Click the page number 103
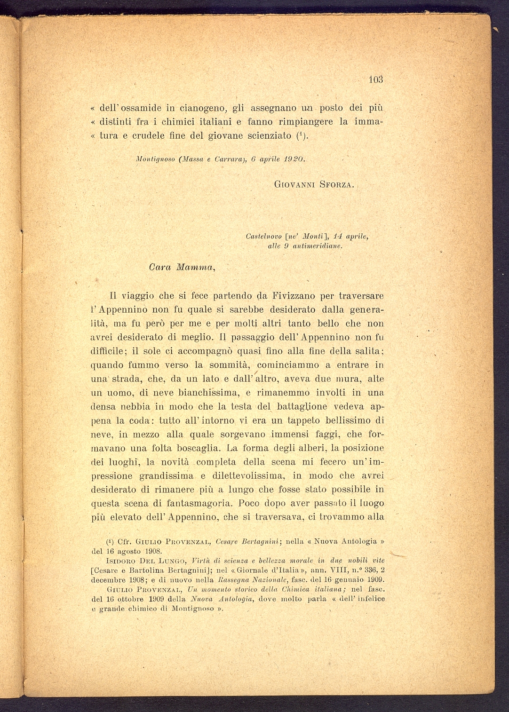(376, 79)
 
